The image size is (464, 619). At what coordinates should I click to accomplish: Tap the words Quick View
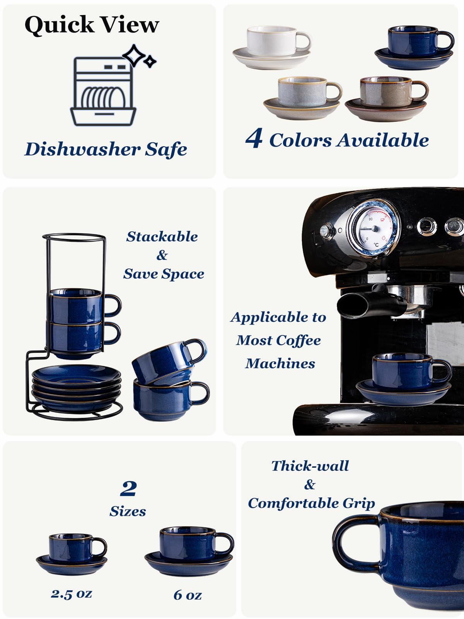(92, 25)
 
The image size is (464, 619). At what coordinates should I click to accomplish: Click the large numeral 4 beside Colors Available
(254, 139)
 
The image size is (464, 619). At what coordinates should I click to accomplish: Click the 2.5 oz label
(72, 593)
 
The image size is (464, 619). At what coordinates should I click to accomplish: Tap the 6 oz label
(188, 595)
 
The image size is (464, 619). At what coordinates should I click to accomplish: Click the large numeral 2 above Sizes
(128, 488)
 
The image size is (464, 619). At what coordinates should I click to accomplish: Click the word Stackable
(162, 236)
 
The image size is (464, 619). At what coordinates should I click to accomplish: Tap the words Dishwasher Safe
(106, 149)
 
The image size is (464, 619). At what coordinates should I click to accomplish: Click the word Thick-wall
(310, 466)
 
